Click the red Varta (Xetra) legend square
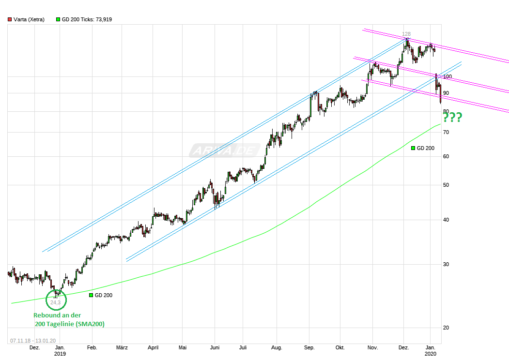(10, 19)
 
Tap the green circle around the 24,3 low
(56, 300)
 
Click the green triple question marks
(452, 117)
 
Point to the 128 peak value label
(406, 34)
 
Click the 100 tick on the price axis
(447, 76)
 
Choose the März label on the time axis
(122, 347)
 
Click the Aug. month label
(277, 347)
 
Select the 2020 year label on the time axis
(431, 354)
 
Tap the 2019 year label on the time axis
(60, 354)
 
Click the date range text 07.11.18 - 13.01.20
(31, 340)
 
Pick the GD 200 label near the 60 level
(426, 148)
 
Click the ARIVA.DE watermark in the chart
(224, 150)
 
